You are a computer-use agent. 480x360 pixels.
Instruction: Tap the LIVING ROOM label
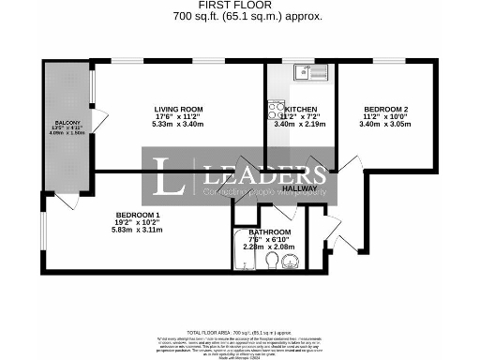pos(177,110)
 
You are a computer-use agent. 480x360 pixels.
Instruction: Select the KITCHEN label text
pos(301,110)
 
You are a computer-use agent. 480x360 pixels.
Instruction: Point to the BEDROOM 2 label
pos(385,110)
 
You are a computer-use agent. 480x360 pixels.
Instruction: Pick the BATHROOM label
pos(270,232)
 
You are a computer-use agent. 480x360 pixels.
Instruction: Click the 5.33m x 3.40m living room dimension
pos(177,124)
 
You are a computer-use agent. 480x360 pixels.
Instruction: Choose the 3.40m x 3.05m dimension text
pos(385,124)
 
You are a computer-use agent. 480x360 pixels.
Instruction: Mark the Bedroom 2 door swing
pos(350,169)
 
